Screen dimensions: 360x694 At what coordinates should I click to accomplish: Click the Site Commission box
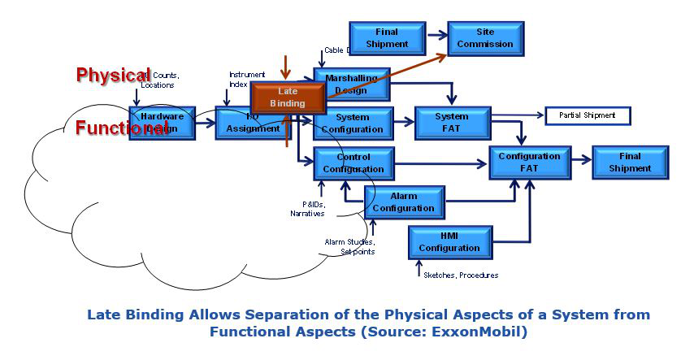484,38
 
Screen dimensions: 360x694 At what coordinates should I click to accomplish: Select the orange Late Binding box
287,98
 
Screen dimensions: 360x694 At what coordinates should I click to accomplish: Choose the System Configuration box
353,124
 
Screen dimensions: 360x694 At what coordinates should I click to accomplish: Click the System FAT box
452,122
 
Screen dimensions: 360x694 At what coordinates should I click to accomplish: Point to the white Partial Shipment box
587,115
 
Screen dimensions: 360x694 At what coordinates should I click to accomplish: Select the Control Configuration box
353,163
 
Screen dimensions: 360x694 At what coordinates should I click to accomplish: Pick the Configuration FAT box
529,163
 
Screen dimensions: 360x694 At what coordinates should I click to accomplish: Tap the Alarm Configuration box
404,202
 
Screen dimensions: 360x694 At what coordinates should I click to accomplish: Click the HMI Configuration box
449,242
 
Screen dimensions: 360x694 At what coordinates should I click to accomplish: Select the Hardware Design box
162,122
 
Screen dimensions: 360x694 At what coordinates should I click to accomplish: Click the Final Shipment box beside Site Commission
387,38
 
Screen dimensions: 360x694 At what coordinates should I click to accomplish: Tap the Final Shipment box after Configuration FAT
630,163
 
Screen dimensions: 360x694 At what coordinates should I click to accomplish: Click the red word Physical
113,75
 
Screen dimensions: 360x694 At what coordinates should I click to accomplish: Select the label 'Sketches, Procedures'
461,275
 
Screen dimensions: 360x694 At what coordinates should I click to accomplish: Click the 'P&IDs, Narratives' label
307,209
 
